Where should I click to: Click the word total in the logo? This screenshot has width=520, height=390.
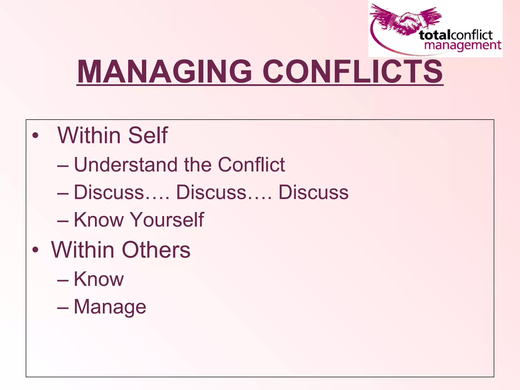[434, 35]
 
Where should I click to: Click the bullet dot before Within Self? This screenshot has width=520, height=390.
[35, 135]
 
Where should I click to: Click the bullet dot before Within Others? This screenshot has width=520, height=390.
[35, 250]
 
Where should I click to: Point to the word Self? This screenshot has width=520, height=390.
[148, 135]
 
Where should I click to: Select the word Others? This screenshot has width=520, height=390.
[156, 250]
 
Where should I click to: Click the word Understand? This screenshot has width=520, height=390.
[126, 165]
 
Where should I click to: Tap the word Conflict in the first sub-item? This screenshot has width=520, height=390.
[251, 165]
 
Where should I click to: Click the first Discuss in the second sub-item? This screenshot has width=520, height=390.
[109, 192]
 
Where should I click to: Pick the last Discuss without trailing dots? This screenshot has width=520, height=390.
[314, 192]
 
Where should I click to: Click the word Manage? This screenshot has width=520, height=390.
[110, 307]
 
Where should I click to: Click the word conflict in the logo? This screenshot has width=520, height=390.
[472, 35]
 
